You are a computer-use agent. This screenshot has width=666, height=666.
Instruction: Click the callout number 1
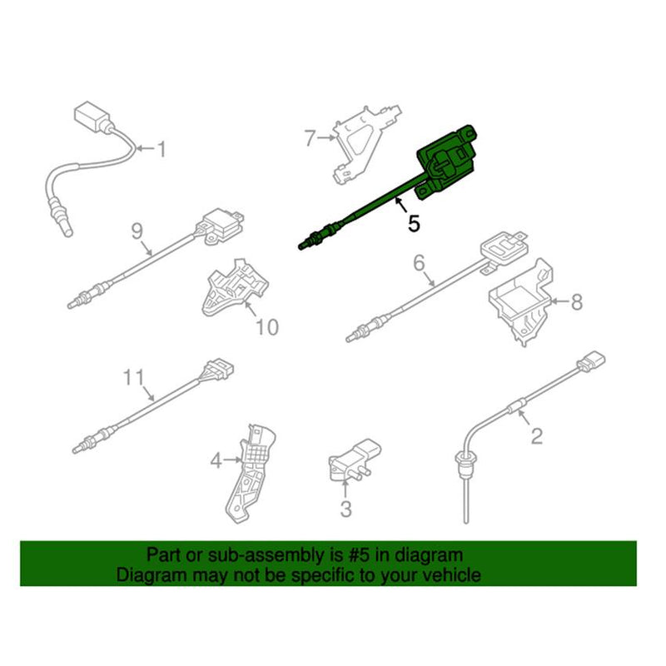pos(162,150)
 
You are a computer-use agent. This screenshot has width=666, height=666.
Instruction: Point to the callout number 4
pos(215,458)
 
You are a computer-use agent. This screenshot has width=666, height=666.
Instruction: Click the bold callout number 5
pos(414,223)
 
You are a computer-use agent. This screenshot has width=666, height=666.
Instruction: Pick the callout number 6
pos(420,265)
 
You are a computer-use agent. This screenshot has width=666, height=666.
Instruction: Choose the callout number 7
pos(310,137)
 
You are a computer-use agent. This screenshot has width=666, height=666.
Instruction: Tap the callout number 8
pos(577,303)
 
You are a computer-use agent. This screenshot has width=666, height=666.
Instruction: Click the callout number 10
pos(266,327)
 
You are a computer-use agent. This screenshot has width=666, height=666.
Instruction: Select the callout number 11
pos(134,378)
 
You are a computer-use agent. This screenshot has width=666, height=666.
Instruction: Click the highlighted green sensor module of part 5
pos(450,158)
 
